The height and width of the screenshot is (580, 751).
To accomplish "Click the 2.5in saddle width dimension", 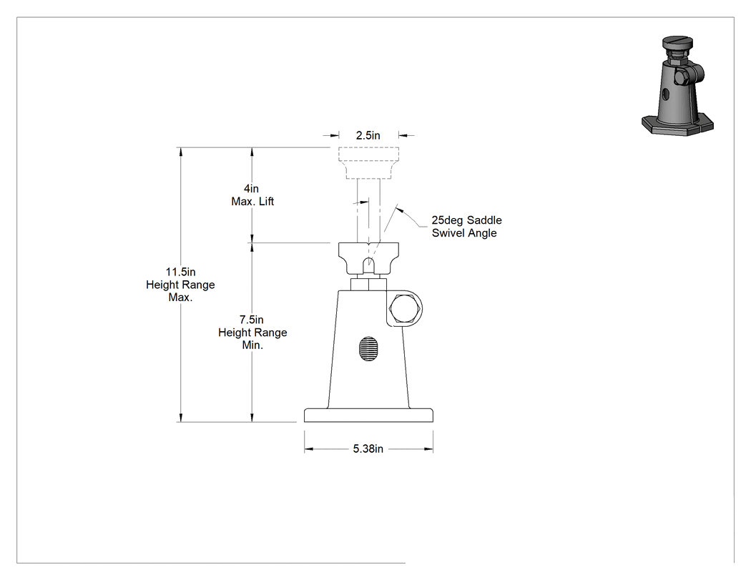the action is pyautogui.click(x=368, y=136).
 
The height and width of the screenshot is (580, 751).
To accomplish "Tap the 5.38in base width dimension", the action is pyautogui.click(x=368, y=449).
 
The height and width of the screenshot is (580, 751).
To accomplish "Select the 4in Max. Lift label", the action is pyautogui.click(x=252, y=195).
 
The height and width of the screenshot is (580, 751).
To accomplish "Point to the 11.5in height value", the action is pyautogui.click(x=180, y=272).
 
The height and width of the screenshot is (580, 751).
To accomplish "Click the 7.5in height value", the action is pyautogui.click(x=252, y=320).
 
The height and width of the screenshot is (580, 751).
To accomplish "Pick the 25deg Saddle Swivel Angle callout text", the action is pyautogui.click(x=466, y=227).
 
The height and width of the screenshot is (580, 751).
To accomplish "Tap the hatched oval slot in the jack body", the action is pyautogui.click(x=368, y=349).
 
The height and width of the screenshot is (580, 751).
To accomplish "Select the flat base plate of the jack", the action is pyautogui.click(x=368, y=416).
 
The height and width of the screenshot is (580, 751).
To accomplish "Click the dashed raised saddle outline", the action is pyautogui.click(x=368, y=163).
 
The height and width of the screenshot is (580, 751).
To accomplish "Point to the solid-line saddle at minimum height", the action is pyautogui.click(x=368, y=259).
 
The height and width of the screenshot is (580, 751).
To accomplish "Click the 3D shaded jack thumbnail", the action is pyautogui.click(x=677, y=86).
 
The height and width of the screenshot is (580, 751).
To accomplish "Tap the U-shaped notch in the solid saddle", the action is pyautogui.click(x=368, y=265).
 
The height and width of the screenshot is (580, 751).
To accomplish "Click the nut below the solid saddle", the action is pyautogui.click(x=368, y=284).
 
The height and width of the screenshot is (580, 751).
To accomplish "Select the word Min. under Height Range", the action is pyautogui.click(x=252, y=345).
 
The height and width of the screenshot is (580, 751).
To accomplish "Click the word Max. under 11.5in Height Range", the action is pyautogui.click(x=180, y=297).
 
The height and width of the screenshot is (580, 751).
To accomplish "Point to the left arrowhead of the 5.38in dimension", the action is pyautogui.click(x=308, y=449).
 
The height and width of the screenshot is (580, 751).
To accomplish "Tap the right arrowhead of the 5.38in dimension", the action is pyautogui.click(x=428, y=449).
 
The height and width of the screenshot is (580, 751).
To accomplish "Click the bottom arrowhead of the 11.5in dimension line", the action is pyautogui.click(x=180, y=417).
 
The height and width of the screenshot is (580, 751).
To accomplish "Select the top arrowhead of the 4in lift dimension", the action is pyautogui.click(x=252, y=152).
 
